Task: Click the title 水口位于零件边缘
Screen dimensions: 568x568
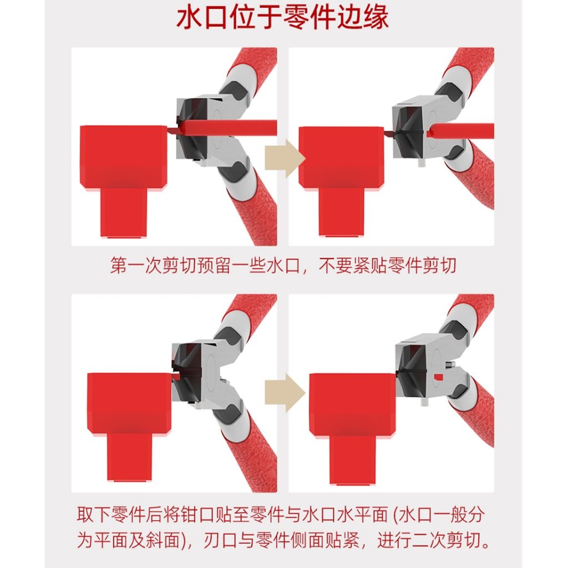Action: (x=282, y=17)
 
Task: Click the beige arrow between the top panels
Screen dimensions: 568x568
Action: (x=285, y=158)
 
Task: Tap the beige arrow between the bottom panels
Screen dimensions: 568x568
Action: (x=285, y=393)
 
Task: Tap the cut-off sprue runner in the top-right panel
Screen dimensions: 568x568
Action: (x=460, y=131)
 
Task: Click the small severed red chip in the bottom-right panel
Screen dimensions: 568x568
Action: (x=439, y=377)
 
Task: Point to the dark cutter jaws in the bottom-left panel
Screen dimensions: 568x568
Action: (x=186, y=373)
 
